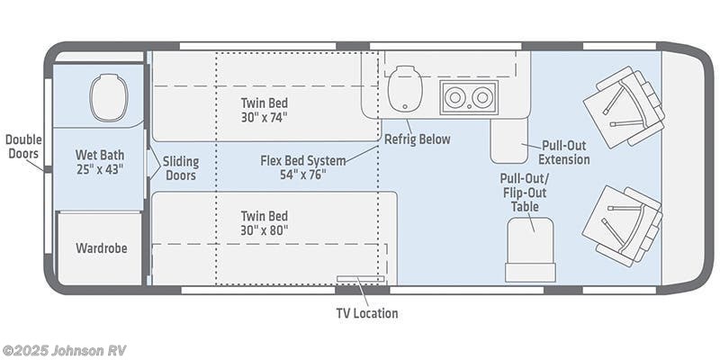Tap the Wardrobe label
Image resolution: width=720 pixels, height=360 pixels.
coord(100,247)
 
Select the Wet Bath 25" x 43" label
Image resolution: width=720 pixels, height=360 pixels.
coord(99,160)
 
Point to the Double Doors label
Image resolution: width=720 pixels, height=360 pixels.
coord(22,147)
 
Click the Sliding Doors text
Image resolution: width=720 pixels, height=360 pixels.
coord(181,168)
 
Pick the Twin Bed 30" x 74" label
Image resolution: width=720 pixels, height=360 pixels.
coord(265,109)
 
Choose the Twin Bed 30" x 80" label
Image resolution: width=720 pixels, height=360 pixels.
coord(265,222)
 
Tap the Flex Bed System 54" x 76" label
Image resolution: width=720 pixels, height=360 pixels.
coord(302,167)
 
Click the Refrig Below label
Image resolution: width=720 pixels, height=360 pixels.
coord(417,139)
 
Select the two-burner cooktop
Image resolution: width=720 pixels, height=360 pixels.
coord(468,96)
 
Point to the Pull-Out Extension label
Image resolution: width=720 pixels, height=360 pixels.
coord(564,153)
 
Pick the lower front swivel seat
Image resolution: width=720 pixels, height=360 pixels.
coord(622,224)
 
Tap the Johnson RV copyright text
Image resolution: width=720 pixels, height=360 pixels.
coord(61,349)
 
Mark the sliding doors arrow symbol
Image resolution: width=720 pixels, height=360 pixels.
coord(154,164)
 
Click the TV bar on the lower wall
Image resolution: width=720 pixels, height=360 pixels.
coord(360,279)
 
